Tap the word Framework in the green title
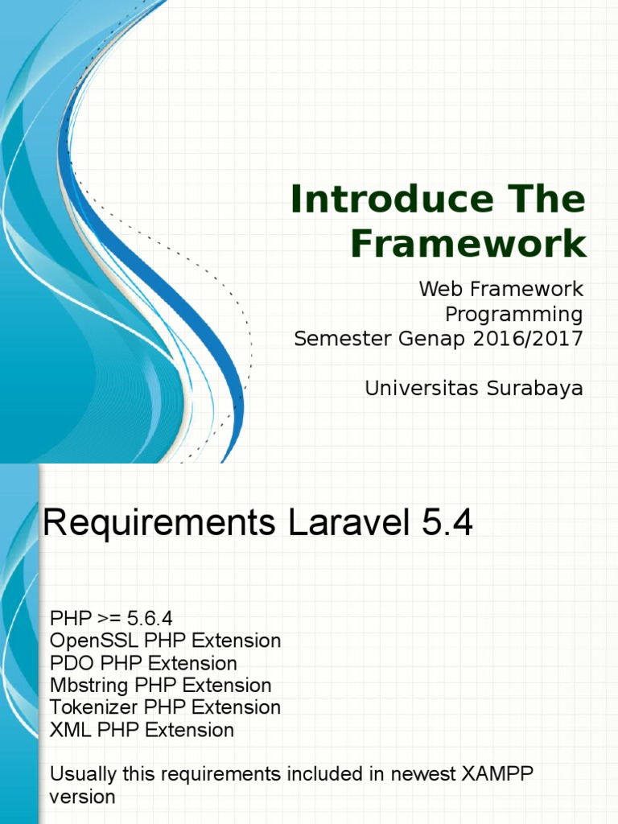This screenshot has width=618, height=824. (468, 244)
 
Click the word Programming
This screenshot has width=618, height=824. (513, 314)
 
